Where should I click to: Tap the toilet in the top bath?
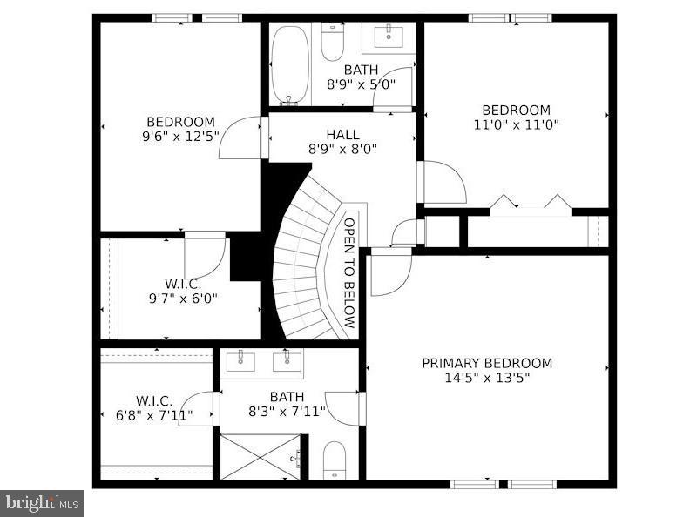(333, 39)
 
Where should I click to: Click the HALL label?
(342, 135)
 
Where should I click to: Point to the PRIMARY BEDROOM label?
(487, 363)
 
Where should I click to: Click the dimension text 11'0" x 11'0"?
(516, 124)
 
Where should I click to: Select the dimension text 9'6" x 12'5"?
(180, 137)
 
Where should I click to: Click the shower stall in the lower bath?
(260, 456)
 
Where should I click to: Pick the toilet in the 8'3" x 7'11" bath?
(335, 460)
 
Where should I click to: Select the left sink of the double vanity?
(236, 360)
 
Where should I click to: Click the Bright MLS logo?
(42, 502)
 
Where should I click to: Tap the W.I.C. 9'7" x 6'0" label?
(182, 291)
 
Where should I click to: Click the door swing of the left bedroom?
(241, 139)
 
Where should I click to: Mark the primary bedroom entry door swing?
(389, 273)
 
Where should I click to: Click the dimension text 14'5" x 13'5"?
(487, 378)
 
